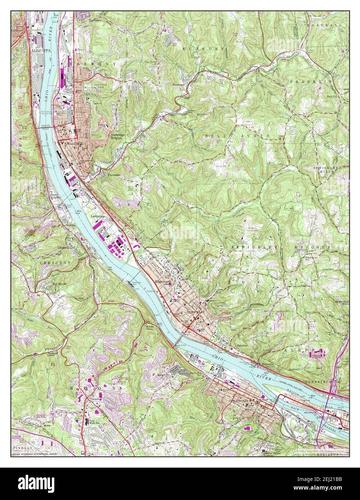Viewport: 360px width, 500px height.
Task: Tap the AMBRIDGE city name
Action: [x=71, y=143]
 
